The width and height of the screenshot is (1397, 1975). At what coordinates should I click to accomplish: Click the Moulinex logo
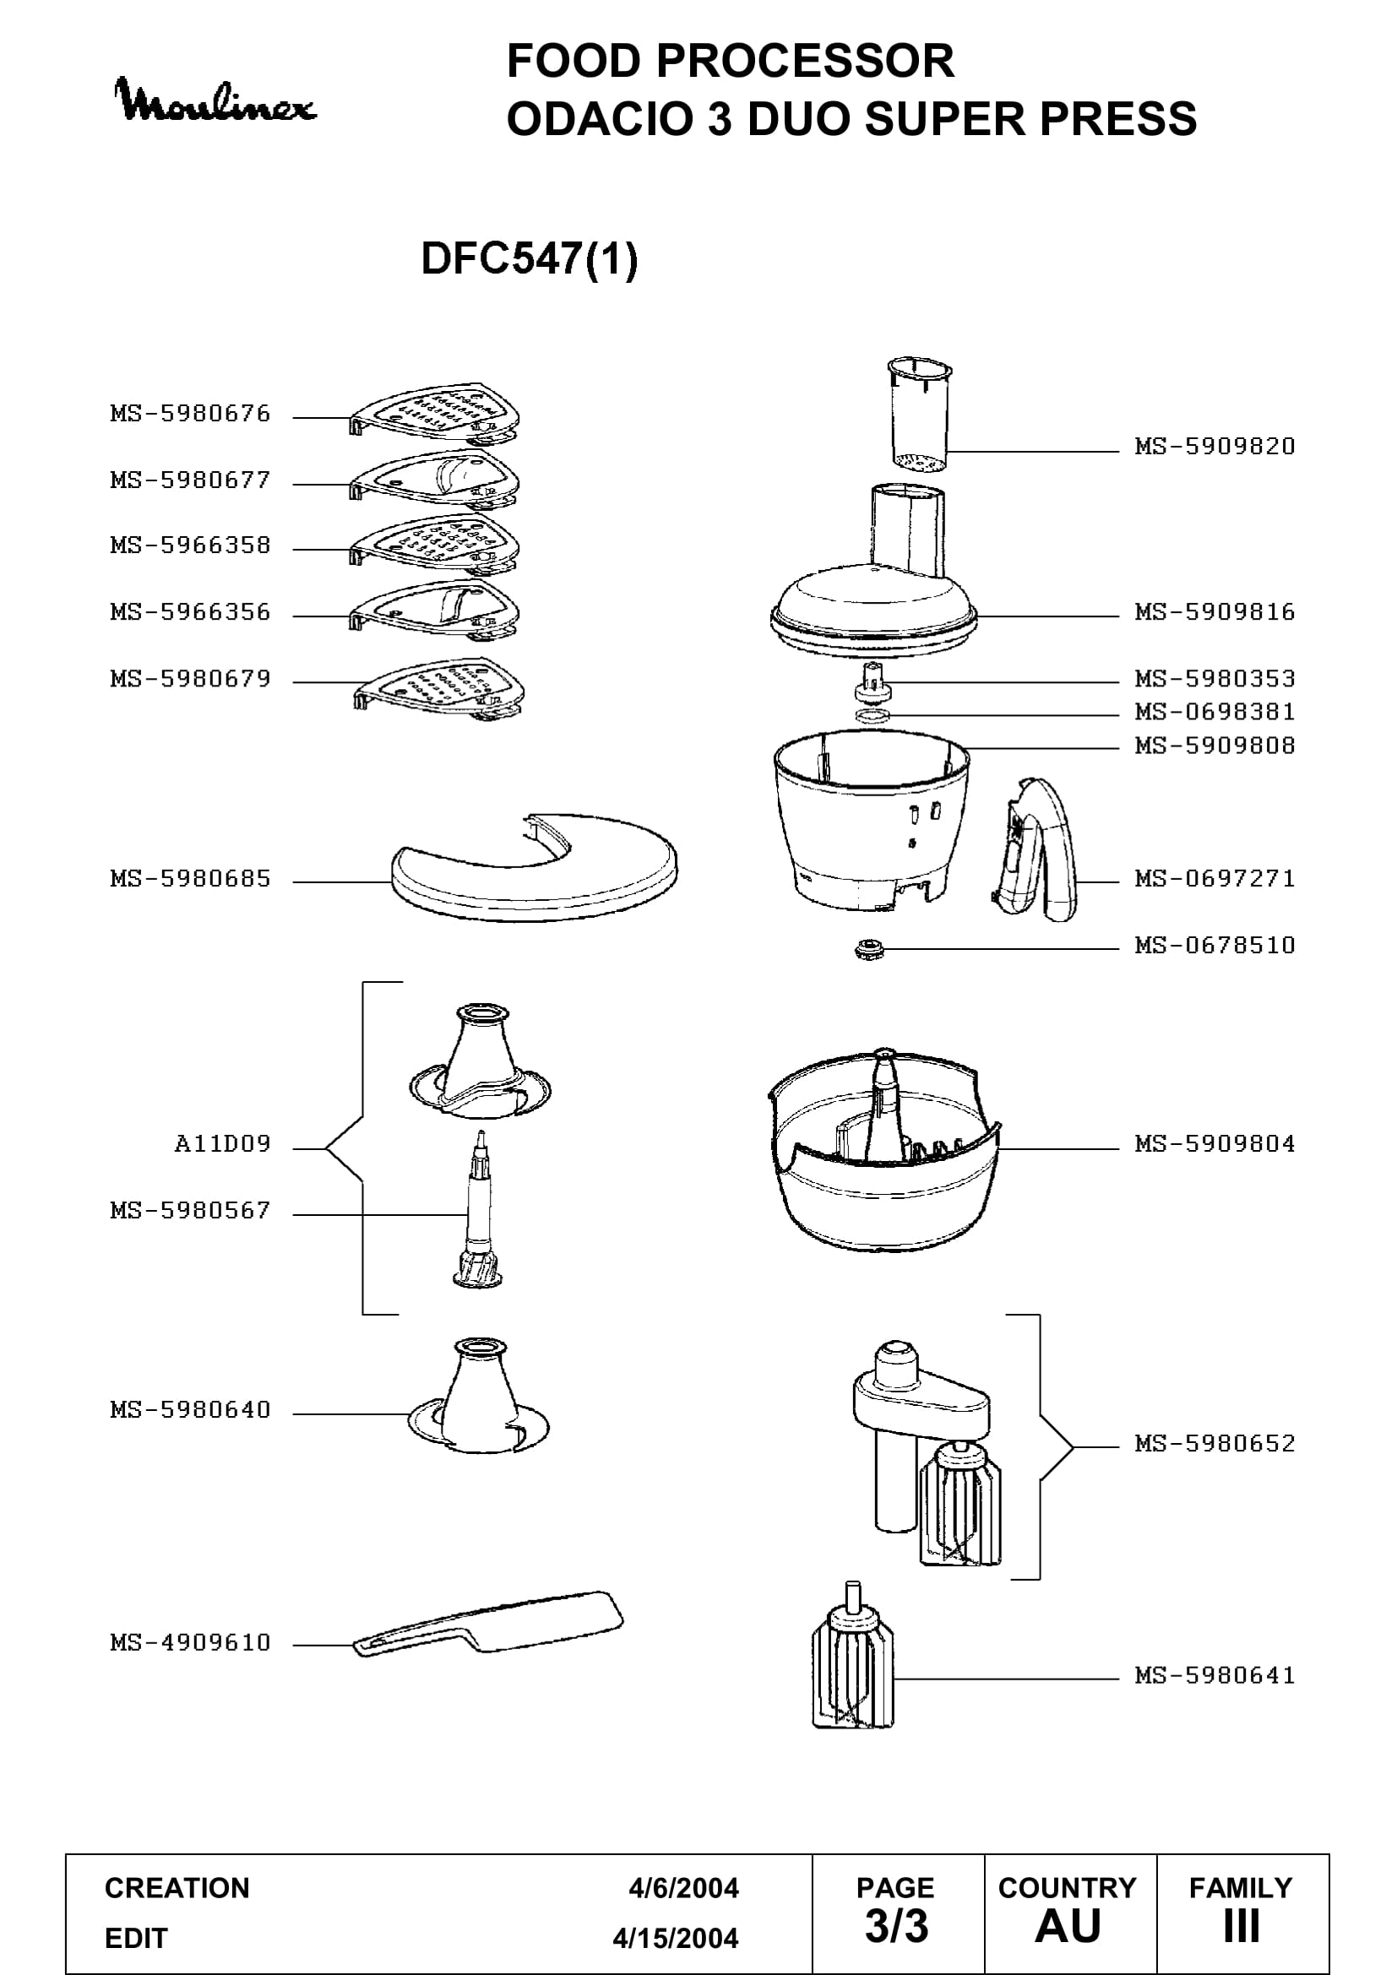tap(215, 100)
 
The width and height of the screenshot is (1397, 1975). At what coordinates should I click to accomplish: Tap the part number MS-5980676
tap(190, 414)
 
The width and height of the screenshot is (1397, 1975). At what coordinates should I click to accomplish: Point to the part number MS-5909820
tap(1215, 447)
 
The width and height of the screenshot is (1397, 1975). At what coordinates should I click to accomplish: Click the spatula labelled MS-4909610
tap(487, 1624)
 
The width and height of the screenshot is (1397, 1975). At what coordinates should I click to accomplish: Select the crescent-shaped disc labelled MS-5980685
tap(534, 867)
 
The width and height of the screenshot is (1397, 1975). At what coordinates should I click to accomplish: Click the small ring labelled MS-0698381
tap(873, 715)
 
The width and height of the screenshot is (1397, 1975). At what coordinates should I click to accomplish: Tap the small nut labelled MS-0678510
tap(869, 950)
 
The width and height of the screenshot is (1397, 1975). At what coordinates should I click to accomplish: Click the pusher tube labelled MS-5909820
tap(920, 415)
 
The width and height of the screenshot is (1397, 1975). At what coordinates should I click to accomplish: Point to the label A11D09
tap(223, 1144)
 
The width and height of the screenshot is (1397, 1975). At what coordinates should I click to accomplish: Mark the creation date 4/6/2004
tap(683, 1888)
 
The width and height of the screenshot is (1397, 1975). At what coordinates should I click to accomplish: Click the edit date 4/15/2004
tap(676, 1939)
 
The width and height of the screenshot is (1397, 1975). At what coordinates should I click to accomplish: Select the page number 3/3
tap(896, 1927)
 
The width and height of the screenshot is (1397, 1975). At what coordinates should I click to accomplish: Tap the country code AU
tap(1068, 1927)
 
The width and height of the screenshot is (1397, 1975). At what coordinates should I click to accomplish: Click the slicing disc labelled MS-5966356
tap(434, 610)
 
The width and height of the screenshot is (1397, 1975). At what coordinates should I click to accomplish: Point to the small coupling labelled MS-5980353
tap(872, 681)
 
